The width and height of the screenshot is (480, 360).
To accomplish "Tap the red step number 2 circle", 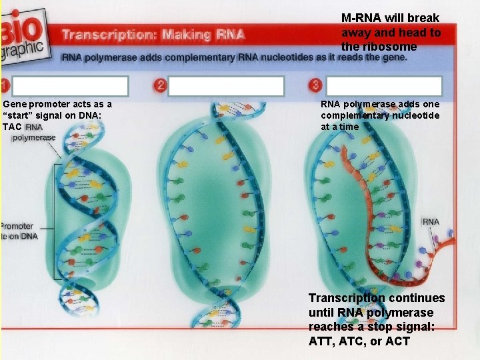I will pyautogui.click(x=160, y=85).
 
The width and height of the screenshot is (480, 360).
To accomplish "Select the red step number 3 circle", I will pyautogui.click(x=315, y=85).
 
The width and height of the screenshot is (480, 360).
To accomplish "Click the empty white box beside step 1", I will pyautogui.click(x=70, y=87).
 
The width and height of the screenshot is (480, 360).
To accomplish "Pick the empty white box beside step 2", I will pyautogui.click(x=226, y=87).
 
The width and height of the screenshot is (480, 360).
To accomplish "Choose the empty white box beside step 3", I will pyautogui.click(x=385, y=87).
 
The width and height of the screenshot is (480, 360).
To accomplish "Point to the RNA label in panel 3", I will pyautogui.click(x=431, y=222).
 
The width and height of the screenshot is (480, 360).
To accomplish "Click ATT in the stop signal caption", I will pyautogui.click(x=320, y=341).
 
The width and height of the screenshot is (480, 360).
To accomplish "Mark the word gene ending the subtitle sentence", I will pyautogui.click(x=395, y=58).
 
